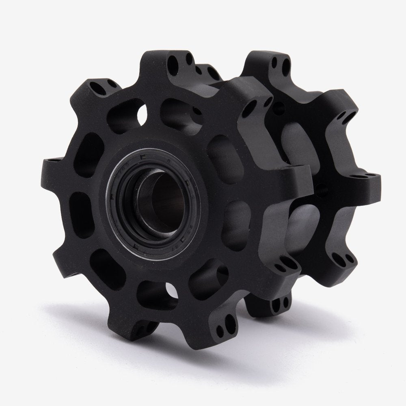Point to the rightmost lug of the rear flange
pyautogui.click(x=365, y=179)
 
